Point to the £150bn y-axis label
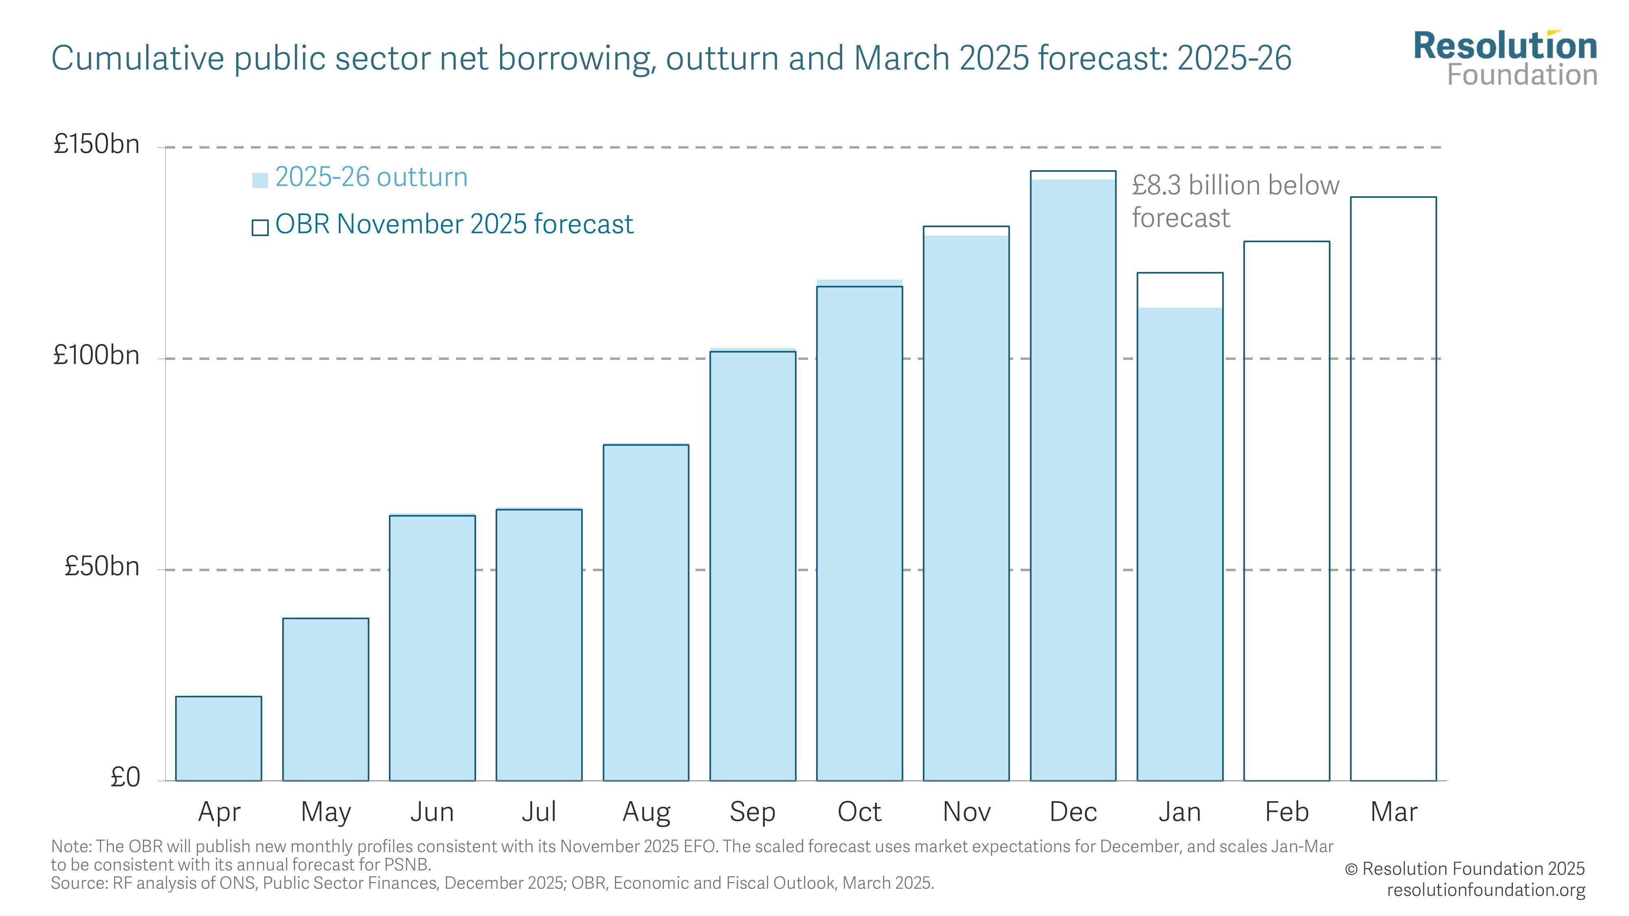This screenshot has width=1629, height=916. click(x=96, y=144)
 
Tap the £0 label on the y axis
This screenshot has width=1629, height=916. click(x=125, y=778)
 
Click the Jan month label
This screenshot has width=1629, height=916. click(x=1179, y=812)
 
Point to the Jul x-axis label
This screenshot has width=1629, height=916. click(x=539, y=812)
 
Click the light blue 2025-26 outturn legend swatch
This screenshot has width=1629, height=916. click(x=260, y=180)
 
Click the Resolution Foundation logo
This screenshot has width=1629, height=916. click(x=1505, y=58)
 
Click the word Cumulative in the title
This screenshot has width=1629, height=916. click(x=137, y=58)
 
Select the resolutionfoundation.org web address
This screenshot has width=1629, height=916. click(x=1486, y=890)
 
